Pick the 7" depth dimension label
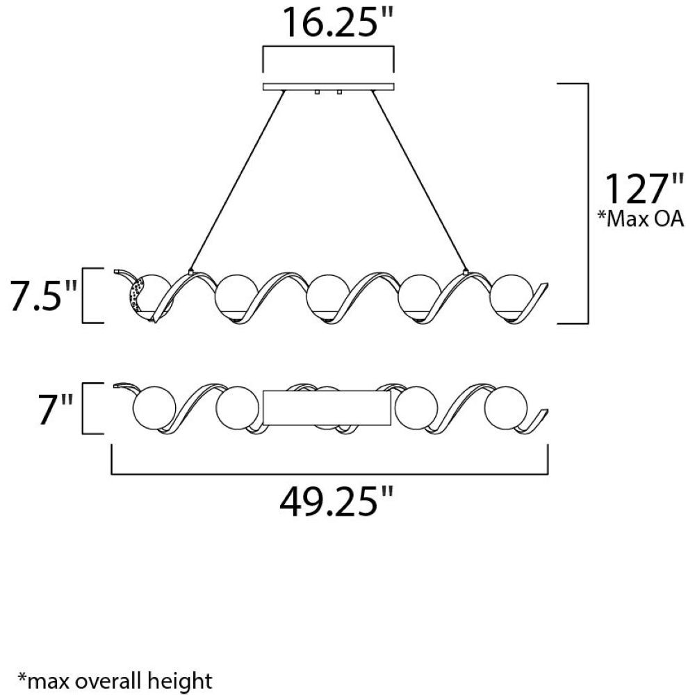55,408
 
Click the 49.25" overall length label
336,501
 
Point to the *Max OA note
641,219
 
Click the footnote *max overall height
115,680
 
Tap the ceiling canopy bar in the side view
328,87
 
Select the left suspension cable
237,181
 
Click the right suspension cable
420,181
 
